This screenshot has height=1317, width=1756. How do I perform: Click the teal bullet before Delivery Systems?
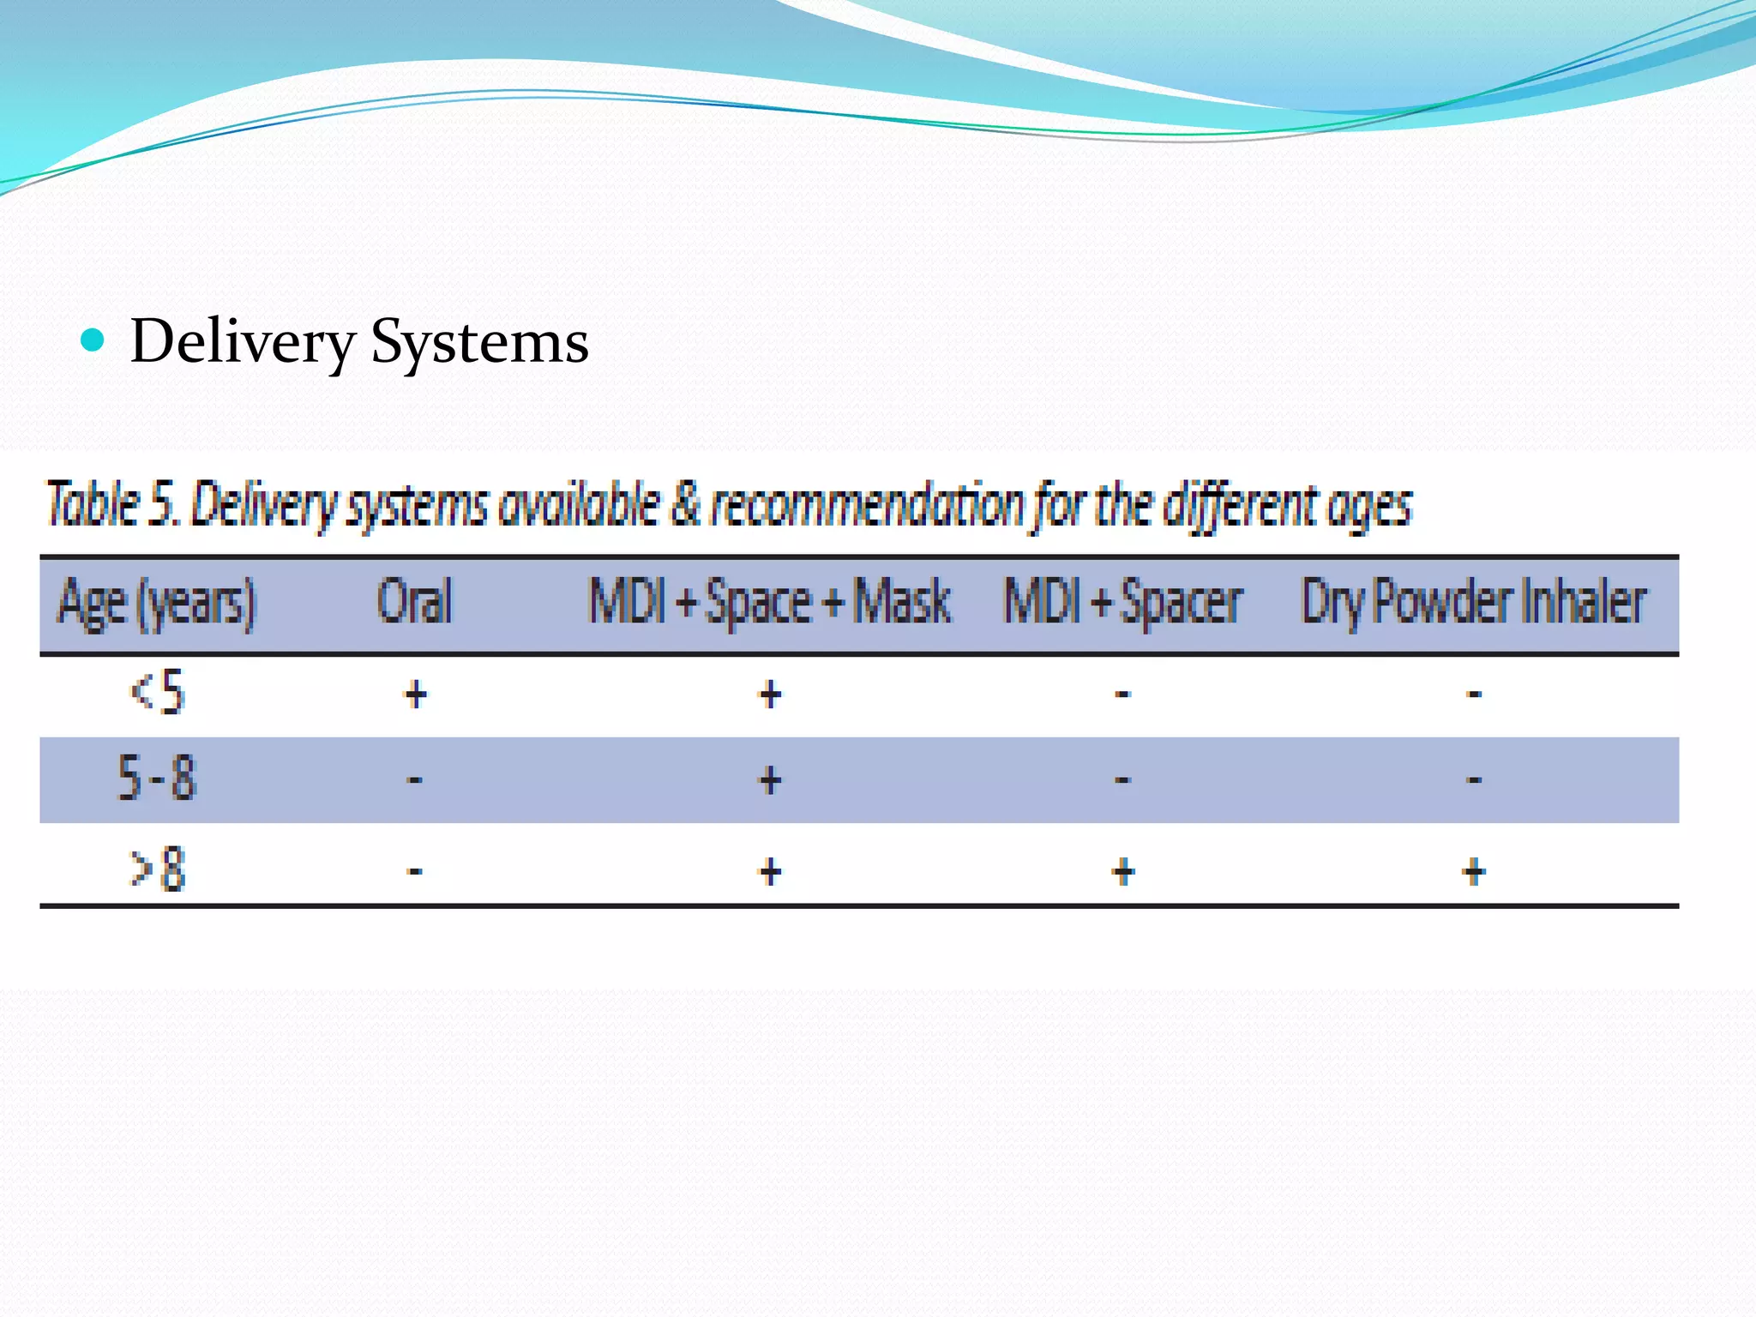tap(92, 340)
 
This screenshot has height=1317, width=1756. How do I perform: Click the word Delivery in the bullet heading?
tap(243, 342)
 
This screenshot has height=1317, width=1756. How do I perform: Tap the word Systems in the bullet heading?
tap(479, 342)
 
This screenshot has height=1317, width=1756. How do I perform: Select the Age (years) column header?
tap(157, 603)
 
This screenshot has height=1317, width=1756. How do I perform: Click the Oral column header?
tap(415, 601)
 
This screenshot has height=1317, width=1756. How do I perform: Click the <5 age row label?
tap(157, 693)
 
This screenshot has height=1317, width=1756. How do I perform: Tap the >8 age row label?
tap(157, 869)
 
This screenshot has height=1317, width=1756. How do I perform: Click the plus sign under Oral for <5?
tap(416, 694)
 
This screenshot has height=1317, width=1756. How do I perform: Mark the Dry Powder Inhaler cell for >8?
tap(1474, 872)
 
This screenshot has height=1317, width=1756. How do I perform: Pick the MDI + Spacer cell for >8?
tap(1123, 872)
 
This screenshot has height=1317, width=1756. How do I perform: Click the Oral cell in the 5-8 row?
tap(415, 779)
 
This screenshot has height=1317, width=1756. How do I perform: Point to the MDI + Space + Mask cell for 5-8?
tap(770, 779)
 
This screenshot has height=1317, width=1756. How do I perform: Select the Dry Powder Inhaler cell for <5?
tap(1474, 694)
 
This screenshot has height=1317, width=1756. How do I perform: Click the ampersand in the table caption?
tap(685, 504)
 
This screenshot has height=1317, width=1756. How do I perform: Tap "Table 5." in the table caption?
tap(112, 504)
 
